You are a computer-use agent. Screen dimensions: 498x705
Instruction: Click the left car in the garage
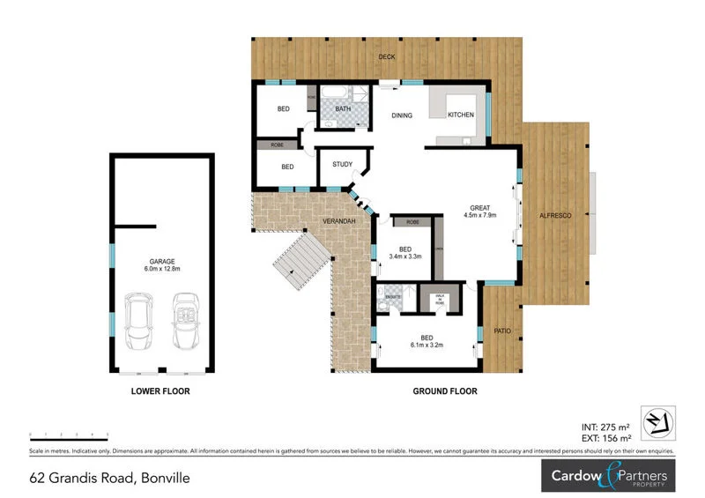click(x=138, y=323)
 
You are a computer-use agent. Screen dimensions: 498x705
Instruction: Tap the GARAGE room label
click(x=160, y=262)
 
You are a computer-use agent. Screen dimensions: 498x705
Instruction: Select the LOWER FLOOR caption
click(x=160, y=390)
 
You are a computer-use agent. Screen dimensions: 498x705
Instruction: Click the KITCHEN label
click(x=461, y=115)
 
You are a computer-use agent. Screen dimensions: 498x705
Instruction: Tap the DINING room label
click(x=402, y=115)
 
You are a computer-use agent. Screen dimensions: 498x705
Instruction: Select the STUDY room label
click(x=342, y=165)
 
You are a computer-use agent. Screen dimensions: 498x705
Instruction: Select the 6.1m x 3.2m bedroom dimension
click(x=427, y=346)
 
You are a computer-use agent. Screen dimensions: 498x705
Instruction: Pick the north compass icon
click(x=661, y=421)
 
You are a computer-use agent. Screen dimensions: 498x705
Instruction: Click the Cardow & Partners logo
click(x=608, y=477)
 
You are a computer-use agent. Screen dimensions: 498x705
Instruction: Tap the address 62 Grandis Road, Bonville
click(x=109, y=479)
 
